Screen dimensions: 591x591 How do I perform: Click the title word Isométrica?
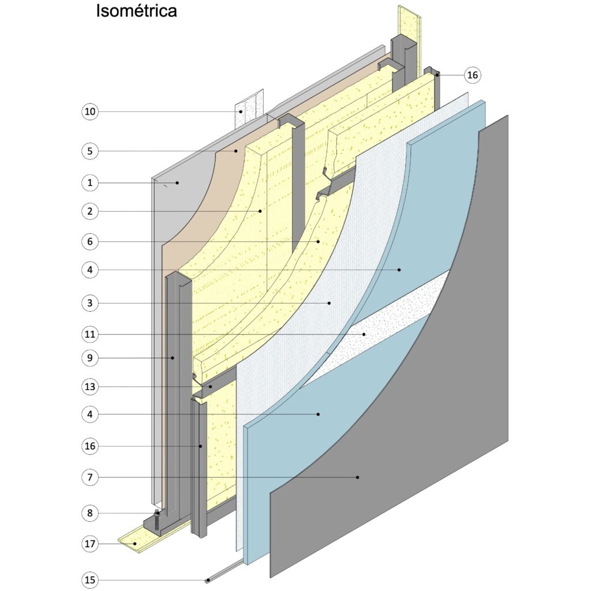click(x=136, y=11)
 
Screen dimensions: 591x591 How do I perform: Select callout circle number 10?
click(x=89, y=111)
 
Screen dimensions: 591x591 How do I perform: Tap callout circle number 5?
click(x=89, y=151)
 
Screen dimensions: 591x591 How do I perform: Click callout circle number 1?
click(x=89, y=183)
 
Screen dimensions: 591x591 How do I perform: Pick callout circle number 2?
click(x=89, y=211)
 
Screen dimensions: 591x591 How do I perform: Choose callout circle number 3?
click(x=89, y=302)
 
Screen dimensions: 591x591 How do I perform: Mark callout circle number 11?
click(x=89, y=334)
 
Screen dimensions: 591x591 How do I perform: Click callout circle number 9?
click(x=89, y=358)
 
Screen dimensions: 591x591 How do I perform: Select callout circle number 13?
click(x=89, y=386)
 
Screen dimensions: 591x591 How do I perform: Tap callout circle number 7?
click(x=89, y=477)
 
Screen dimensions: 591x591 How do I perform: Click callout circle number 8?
click(x=89, y=513)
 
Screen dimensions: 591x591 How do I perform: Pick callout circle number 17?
click(x=89, y=544)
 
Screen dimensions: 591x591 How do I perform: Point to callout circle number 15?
click(x=89, y=579)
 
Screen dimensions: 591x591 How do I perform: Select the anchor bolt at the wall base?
click(x=158, y=521)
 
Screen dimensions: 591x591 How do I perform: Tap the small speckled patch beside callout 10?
click(x=249, y=109)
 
